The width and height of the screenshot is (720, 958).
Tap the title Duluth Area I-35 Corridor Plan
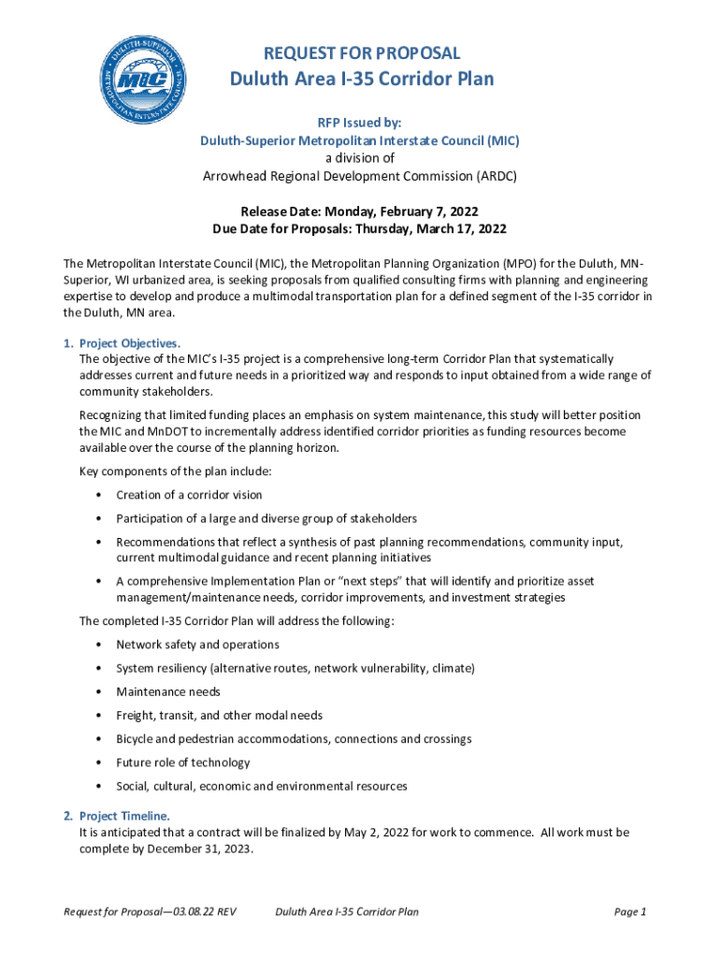point(361,79)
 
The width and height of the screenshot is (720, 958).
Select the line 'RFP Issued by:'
point(360,121)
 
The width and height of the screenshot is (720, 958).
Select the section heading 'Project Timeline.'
point(123,816)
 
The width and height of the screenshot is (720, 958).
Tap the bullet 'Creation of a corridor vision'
point(189,494)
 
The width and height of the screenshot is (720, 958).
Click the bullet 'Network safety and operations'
point(197,645)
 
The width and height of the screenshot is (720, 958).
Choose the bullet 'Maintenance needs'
point(168,691)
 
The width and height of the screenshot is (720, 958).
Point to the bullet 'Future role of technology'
point(183,762)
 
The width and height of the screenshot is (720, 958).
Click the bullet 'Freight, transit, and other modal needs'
point(219,715)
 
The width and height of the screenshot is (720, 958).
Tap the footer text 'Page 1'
point(630,911)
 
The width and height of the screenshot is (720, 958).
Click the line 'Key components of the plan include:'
point(175,471)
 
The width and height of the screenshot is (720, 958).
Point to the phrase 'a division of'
point(360,158)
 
